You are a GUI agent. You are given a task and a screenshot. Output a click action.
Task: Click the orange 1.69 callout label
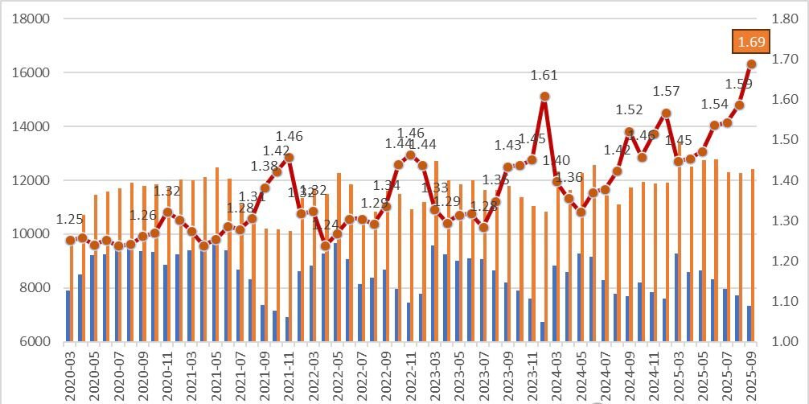pos(749,42)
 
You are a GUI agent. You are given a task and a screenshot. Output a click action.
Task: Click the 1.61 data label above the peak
pos(544,76)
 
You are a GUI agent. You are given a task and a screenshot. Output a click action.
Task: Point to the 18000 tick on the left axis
pos(32,19)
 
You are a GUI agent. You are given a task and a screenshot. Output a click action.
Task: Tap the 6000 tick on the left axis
pos(35,341)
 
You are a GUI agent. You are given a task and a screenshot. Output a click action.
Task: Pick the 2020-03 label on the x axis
pos(70,373)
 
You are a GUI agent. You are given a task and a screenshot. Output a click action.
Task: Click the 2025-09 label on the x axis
pos(751,373)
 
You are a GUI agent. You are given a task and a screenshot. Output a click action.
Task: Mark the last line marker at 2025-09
pos(751,64)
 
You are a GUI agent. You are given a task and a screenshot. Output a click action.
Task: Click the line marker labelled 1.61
pos(544,97)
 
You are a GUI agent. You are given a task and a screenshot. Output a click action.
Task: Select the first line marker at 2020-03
pos(70,240)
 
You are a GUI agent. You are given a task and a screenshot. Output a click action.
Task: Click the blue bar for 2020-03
pos(68,315)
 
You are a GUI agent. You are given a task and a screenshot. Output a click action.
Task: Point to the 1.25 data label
pos(70,220)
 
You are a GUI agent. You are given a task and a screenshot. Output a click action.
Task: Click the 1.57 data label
pos(666,92)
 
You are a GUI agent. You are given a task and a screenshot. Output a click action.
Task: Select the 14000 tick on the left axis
pos(32,126)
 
